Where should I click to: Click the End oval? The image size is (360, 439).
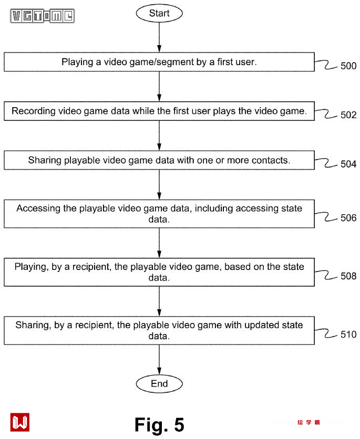(x=159, y=384)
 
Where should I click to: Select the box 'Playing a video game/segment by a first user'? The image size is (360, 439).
(x=159, y=62)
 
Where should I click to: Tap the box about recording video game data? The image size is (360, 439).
(x=159, y=111)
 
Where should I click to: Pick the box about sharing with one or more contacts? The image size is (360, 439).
(x=159, y=160)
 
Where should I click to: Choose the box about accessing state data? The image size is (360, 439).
(x=159, y=214)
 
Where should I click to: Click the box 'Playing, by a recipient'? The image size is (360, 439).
(x=159, y=272)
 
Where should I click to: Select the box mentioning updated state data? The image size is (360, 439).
(x=159, y=330)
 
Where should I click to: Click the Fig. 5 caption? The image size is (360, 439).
(x=159, y=424)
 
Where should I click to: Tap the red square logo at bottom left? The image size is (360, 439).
(x=20, y=422)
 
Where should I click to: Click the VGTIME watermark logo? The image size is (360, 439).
(x=43, y=16)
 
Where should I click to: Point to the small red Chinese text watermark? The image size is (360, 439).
(x=308, y=423)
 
